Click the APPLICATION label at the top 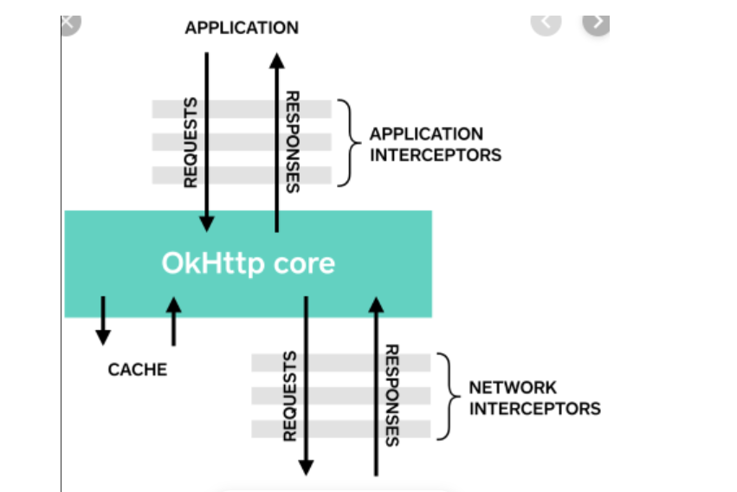242,28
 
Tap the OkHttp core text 248,263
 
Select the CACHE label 138,370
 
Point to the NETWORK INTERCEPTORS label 534,398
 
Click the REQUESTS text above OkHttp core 191,141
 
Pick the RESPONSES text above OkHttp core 293,141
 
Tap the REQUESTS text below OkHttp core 291,396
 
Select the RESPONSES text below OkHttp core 391,396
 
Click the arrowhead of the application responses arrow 276,59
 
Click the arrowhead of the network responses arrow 376,303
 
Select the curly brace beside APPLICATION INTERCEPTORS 346,142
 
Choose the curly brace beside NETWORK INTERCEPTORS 447,396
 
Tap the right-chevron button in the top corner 597,23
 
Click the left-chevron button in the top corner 546,23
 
